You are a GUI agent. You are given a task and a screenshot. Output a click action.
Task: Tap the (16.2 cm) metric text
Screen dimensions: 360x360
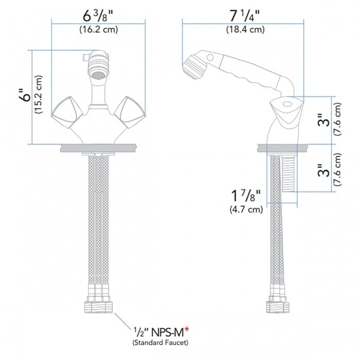[x=98, y=29]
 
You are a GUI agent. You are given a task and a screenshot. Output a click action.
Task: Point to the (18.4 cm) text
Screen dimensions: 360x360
[x=245, y=29]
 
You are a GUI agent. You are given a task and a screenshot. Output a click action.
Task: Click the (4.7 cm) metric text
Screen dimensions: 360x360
[x=245, y=209]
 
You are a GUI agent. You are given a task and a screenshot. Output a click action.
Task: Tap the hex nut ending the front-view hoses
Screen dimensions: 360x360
[x=98, y=308]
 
